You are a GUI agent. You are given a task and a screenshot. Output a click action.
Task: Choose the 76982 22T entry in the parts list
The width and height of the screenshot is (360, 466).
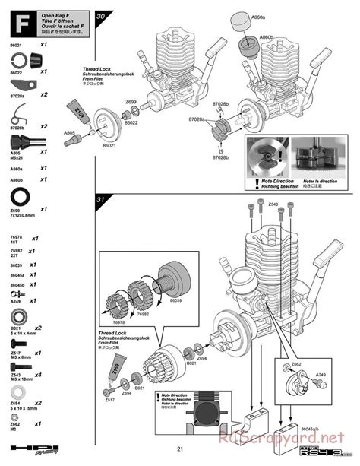[16, 252]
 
